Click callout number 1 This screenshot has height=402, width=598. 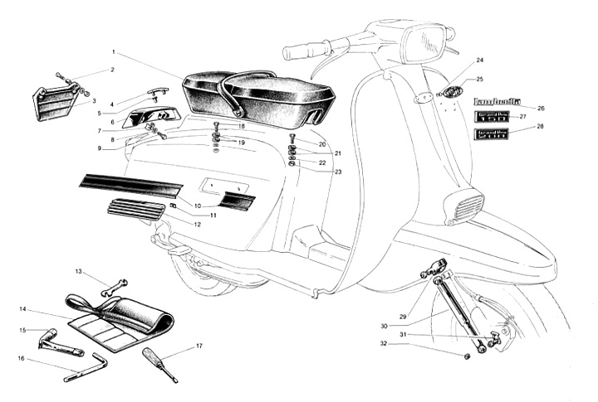[x=112, y=53]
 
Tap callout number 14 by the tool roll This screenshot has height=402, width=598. [x=23, y=309]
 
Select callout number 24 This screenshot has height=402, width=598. [x=479, y=61]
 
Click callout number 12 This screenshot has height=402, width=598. [x=197, y=225]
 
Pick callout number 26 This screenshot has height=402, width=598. [x=541, y=108]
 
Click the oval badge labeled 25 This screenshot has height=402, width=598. [x=452, y=90]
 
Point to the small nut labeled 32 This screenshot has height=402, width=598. [x=467, y=356]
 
